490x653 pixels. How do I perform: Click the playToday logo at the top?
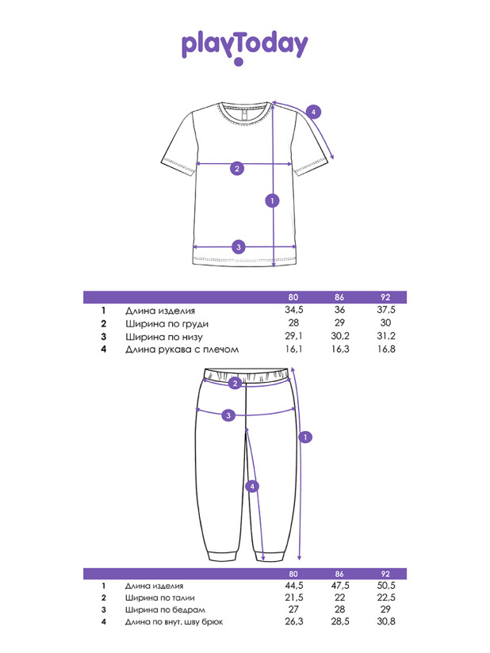244,47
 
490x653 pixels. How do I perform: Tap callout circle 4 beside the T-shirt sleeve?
313,112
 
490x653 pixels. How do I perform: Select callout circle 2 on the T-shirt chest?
237,169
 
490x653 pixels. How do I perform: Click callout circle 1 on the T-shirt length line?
273,200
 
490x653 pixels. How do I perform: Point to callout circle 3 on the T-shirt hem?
239,247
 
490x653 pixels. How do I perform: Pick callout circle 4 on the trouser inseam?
252,486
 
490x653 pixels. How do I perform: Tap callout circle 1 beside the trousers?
305,437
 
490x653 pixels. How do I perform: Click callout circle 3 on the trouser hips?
228,415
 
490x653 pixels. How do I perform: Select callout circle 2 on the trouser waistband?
235,383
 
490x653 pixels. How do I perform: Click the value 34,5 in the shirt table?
293,310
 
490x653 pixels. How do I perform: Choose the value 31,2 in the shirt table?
386,336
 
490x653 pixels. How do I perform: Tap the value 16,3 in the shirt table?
340,349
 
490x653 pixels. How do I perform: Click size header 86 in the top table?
339,297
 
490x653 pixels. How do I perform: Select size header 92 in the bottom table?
385,574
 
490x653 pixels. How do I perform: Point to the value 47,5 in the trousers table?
340,586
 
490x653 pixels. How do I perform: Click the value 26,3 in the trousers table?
293,621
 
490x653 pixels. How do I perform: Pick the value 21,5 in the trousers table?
293,598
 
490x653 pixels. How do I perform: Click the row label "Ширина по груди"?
167,324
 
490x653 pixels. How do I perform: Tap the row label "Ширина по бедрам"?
165,609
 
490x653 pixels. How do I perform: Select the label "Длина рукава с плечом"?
182,349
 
